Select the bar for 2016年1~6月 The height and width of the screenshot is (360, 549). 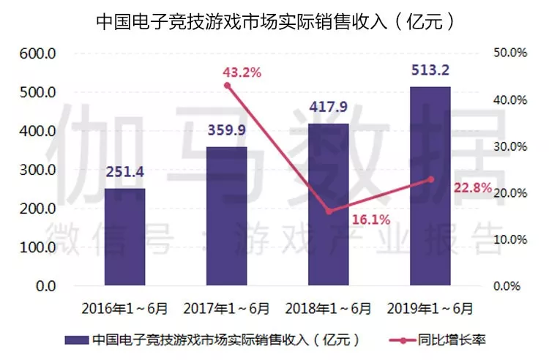pyautogui.click(x=124, y=237)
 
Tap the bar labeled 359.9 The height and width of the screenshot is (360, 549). pyautogui.click(x=226, y=216)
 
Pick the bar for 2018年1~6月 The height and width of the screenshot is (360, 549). pyautogui.click(x=328, y=205)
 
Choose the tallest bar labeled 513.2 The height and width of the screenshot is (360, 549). pyautogui.click(x=430, y=187)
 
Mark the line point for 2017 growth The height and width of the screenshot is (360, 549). pyautogui.click(x=227, y=86)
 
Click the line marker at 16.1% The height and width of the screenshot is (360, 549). pyautogui.click(x=329, y=211)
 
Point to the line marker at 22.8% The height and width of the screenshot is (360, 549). pyautogui.click(x=430, y=179)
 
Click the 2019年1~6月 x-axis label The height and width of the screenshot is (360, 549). pyautogui.click(x=430, y=308)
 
